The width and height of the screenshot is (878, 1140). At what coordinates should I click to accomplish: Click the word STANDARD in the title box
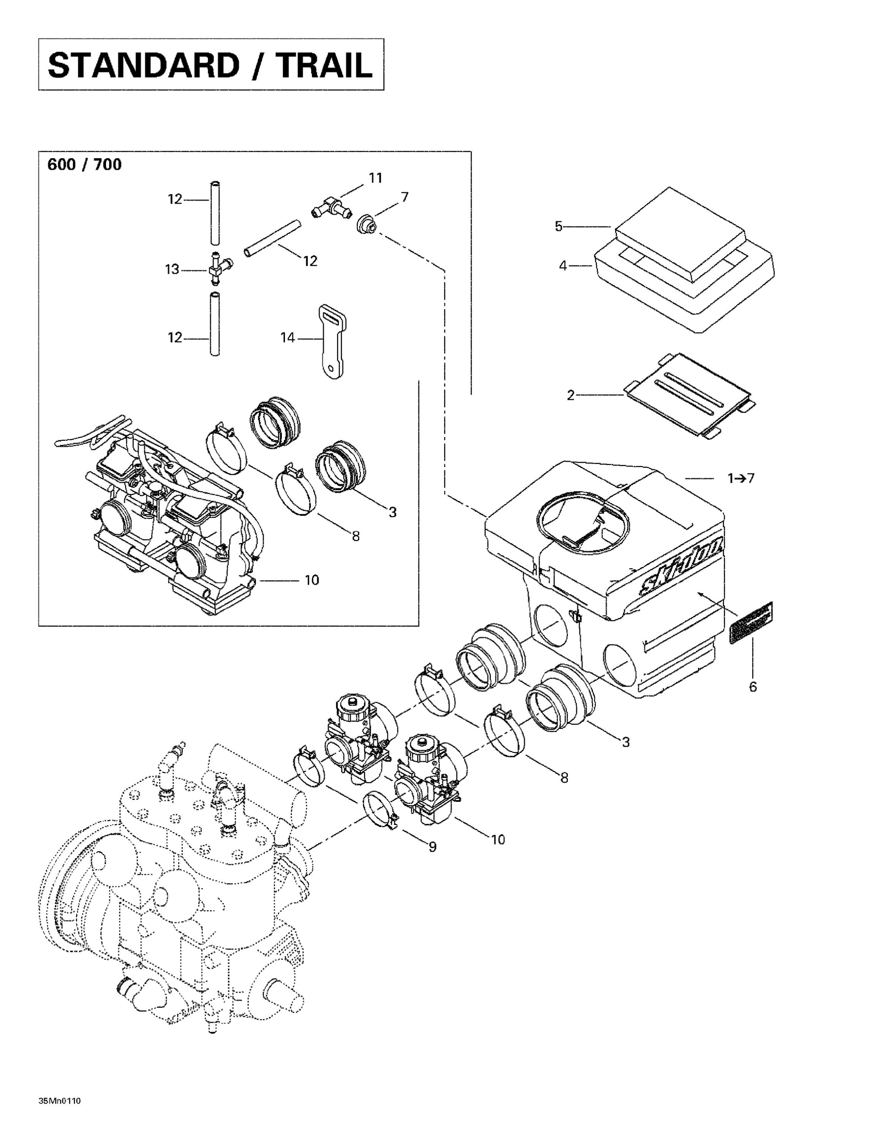point(143,66)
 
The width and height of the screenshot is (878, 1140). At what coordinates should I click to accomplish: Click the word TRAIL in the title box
point(325,66)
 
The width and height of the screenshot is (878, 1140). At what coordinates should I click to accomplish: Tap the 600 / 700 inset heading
point(85,165)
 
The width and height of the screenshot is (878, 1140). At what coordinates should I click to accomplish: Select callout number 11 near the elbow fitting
point(375,179)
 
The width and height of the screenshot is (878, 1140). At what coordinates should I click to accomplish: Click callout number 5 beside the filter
point(558,226)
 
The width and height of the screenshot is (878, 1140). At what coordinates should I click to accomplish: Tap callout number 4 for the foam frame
point(563,266)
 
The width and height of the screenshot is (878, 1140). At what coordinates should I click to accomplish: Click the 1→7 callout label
point(741,478)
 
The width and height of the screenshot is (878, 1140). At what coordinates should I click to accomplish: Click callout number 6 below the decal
point(752,687)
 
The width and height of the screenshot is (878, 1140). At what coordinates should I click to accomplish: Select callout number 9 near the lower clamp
point(432,847)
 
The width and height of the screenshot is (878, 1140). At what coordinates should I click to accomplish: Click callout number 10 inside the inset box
point(312,580)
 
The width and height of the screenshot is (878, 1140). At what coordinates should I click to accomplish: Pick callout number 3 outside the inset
point(625,742)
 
